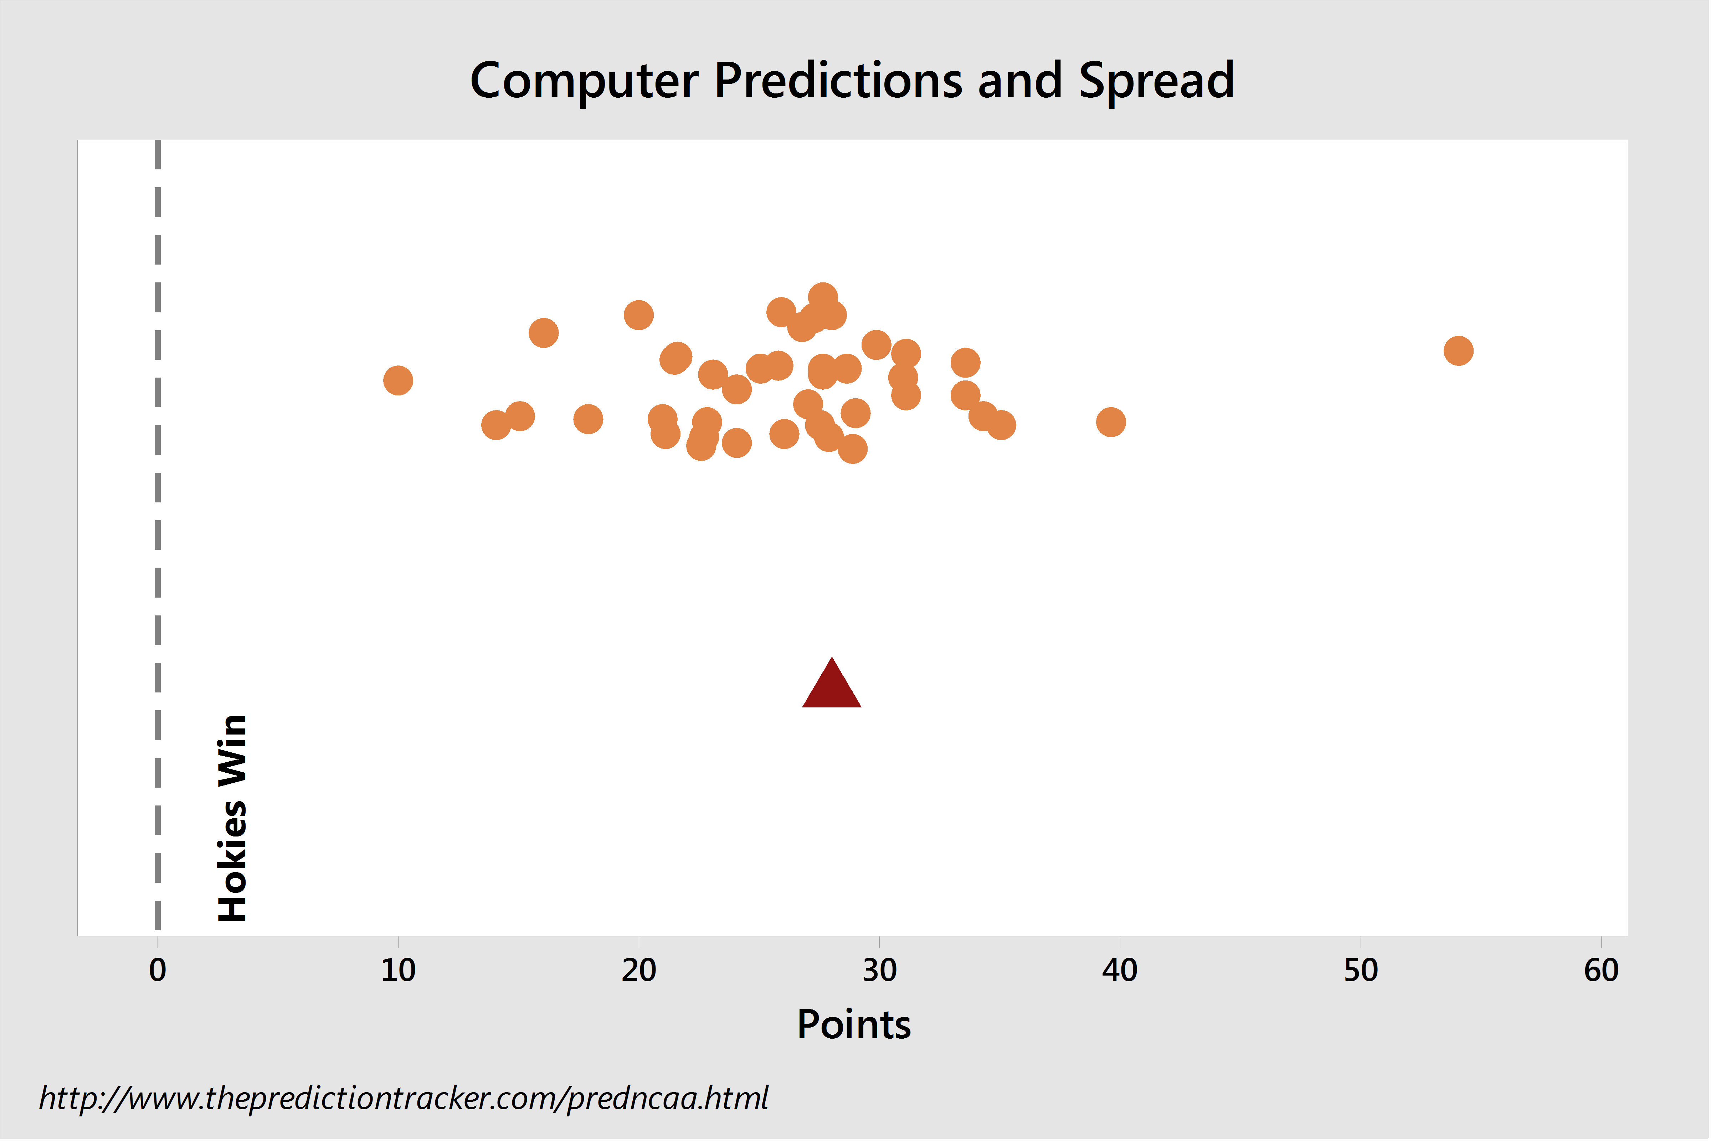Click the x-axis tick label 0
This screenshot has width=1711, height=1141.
(x=158, y=971)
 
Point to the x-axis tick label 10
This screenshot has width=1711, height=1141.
(x=399, y=971)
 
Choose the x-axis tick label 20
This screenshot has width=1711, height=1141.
(x=639, y=971)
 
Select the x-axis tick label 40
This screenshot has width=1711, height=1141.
(x=1120, y=971)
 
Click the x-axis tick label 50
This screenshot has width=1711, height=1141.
(x=1361, y=971)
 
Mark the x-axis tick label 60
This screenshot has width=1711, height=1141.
(x=1602, y=971)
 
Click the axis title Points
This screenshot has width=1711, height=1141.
(x=854, y=1025)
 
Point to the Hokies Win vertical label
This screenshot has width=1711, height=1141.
(x=233, y=819)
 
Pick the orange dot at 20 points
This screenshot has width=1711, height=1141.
(x=639, y=315)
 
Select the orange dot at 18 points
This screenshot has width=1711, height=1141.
(x=589, y=419)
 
